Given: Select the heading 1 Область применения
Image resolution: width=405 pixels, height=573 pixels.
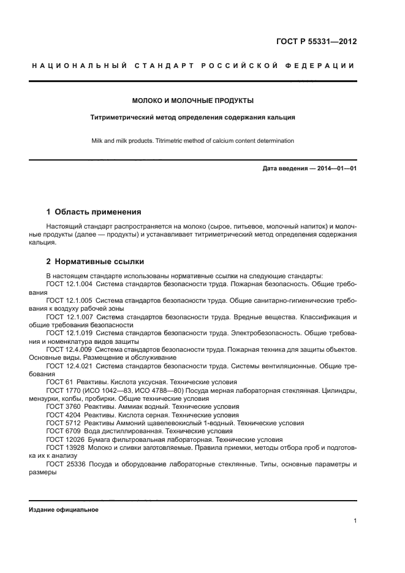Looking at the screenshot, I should point(94,212).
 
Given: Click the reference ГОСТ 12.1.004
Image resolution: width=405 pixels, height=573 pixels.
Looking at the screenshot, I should point(69,285).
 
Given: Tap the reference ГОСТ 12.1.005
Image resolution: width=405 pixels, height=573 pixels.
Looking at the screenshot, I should point(69,301).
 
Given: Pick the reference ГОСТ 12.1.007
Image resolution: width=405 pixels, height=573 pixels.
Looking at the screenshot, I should point(69,317).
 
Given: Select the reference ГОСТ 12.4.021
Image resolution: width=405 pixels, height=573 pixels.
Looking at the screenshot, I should point(69,365).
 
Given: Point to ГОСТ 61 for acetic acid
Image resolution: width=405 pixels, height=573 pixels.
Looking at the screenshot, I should point(58,382).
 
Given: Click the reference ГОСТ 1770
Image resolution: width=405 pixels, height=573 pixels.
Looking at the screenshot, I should point(62,390).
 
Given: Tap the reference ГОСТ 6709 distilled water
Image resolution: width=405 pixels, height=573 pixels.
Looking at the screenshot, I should point(62,431).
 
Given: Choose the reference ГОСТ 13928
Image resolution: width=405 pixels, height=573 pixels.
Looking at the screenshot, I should point(64,447).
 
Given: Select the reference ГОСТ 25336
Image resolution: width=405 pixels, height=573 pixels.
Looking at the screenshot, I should point(64,464).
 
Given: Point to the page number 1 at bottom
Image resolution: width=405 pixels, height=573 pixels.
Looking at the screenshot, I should point(355,521).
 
